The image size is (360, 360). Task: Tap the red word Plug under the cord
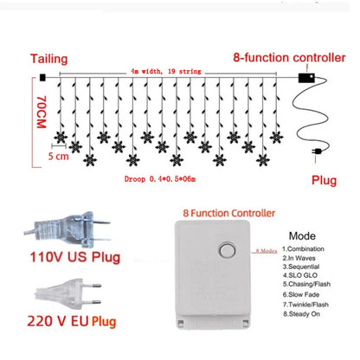(x=323, y=183)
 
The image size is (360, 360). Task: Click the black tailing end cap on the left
(x=42, y=78)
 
